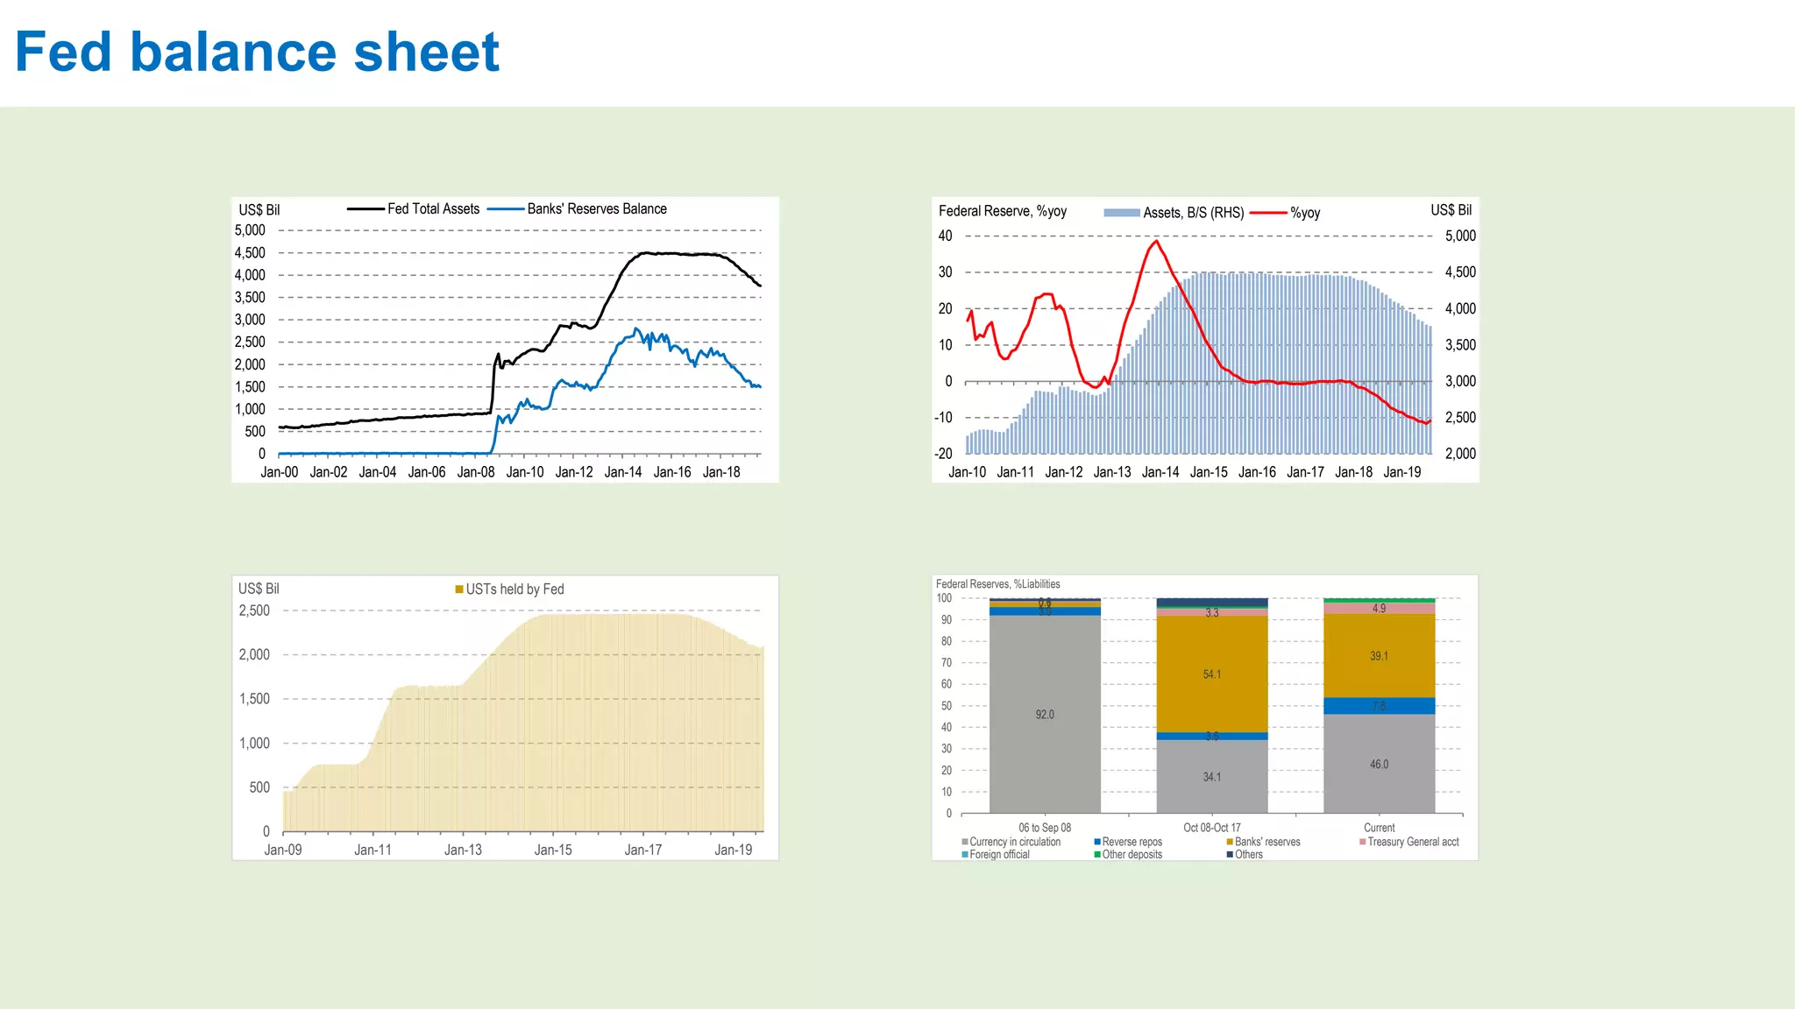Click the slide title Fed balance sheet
[x=257, y=53]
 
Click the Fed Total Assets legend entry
[x=433, y=208]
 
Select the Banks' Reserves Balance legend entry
[x=596, y=208]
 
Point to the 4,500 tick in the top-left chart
[x=250, y=253]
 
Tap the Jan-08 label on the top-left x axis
[x=476, y=472]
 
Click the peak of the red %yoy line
[x=1156, y=241]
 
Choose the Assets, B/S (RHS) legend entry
[x=1192, y=213]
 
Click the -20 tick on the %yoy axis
[x=943, y=454]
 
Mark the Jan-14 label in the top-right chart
[x=1160, y=472]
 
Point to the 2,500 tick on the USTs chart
[x=254, y=610]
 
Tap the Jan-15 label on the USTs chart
[x=553, y=850]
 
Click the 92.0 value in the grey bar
[x=1045, y=715]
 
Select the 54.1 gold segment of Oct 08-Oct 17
[x=1211, y=674]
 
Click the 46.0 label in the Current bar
[x=1379, y=765]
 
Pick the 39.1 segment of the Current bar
[x=1379, y=656]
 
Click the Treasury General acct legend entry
[x=1413, y=842]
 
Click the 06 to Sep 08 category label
[x=1045, y=828]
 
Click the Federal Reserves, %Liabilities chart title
[x=997, y=584]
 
